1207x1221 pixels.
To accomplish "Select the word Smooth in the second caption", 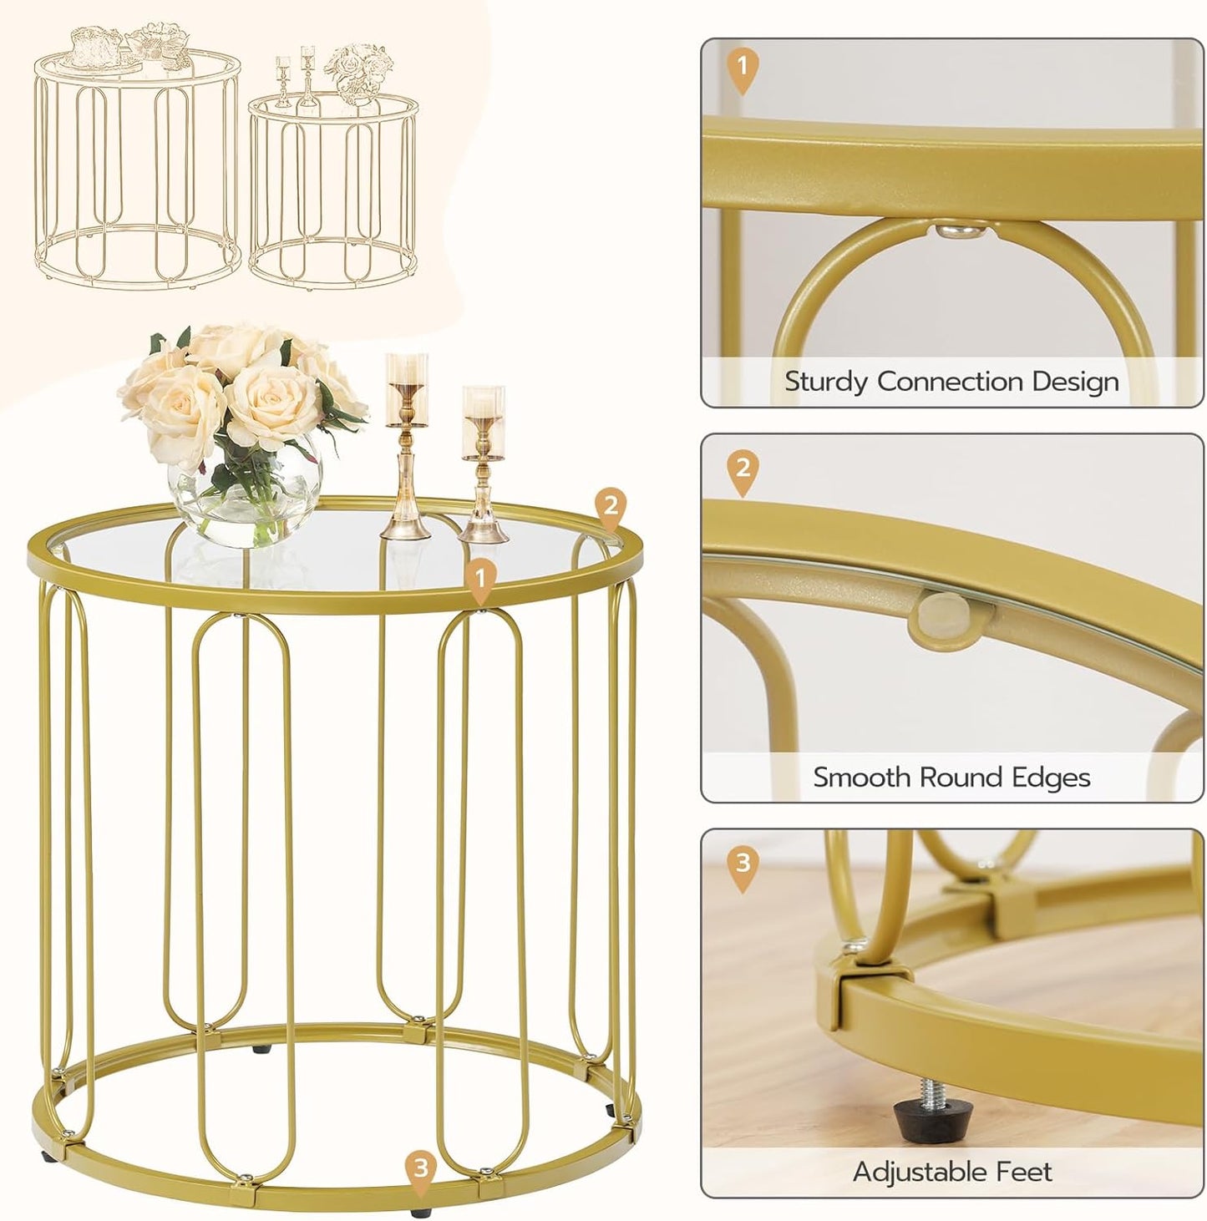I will click(x=862, y=778).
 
